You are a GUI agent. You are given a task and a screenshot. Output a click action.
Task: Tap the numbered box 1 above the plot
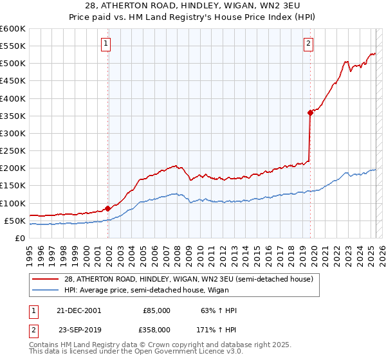(106, 44)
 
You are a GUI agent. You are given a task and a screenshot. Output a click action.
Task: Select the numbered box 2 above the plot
(309, 44)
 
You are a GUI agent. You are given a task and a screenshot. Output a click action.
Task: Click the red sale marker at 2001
(107, 208)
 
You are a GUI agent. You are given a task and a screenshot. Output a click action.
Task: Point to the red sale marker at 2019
(310, 113)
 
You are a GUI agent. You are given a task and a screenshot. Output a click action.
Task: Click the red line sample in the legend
(46, 279)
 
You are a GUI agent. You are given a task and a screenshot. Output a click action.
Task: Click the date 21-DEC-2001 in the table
(78, 310)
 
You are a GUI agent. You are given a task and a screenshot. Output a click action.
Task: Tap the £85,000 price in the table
(156, 310)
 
